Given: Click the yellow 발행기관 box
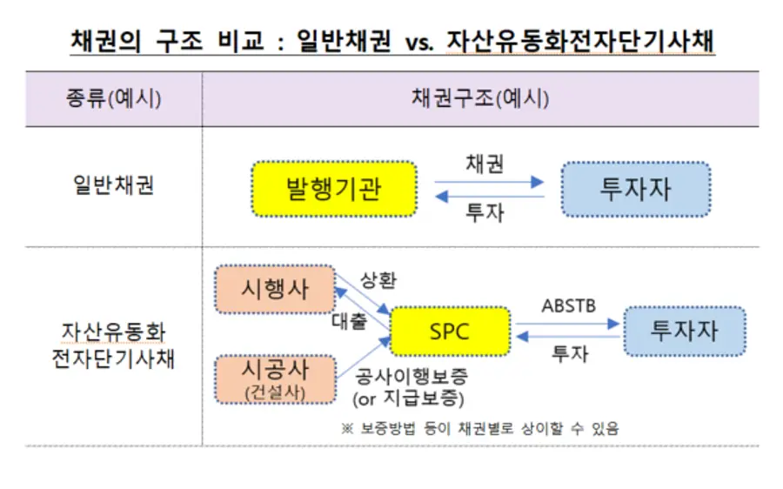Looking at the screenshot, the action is point(334,189).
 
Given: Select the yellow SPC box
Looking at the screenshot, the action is point(450,332).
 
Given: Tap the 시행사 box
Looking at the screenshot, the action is point(275,289).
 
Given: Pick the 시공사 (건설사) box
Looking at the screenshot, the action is point(275,379).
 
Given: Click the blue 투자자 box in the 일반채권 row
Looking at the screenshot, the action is point(636,190).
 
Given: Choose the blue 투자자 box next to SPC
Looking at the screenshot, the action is point(685,332).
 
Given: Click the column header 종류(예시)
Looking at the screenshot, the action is point(114,98).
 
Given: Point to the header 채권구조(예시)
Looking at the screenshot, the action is point(480,98).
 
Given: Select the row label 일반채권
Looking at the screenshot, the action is point(114,185).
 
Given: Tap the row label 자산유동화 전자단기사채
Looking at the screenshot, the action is point(113,345).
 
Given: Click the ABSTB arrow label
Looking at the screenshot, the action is point(569,305).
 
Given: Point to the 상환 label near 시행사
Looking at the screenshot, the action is point(378,280).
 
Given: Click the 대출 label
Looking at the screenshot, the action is point(350,321).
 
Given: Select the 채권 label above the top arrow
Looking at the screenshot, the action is point(485,164).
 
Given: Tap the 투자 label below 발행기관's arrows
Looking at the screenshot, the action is point(485,212).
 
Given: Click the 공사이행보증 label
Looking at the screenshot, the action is point(411,376).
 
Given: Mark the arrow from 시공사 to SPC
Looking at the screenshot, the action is point(364,357).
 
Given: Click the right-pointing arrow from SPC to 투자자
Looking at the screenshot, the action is point(568,324).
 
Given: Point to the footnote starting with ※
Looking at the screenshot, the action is point(480,428).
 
